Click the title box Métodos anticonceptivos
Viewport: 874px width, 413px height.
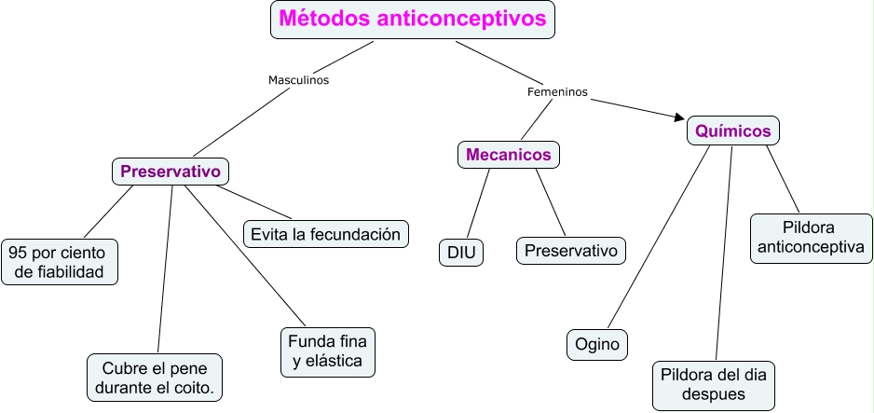[413, 20]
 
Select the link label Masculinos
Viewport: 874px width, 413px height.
[298, 80]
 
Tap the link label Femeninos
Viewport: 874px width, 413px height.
[557, 92]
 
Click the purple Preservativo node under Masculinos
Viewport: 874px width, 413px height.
[170, 172]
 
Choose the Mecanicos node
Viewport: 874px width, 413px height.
[509, 154]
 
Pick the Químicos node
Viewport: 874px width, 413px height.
[733, 131]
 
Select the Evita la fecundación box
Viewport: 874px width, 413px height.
[326, 233]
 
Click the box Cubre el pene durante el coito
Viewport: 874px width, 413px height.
[156, 376]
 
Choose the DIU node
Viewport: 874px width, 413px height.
[461, 252]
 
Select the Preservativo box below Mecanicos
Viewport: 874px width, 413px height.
[571, 250]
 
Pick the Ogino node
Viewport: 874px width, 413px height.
[597, 344]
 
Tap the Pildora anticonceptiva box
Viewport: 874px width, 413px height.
[809, 238]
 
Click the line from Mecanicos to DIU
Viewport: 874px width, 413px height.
[477, 204]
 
